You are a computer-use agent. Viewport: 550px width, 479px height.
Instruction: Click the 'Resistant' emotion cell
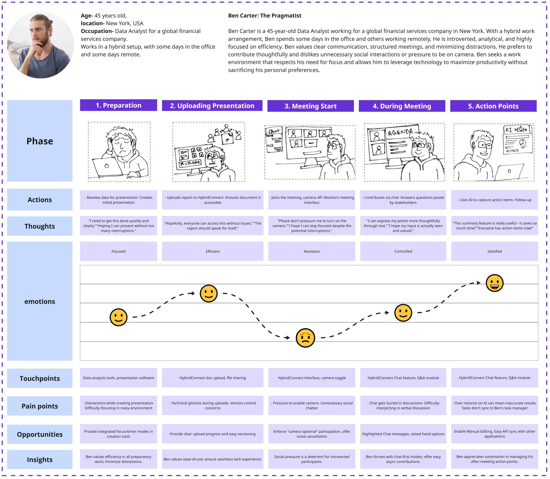[x=312, y=251]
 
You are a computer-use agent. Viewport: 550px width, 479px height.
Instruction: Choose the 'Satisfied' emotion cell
[x=494, y=251]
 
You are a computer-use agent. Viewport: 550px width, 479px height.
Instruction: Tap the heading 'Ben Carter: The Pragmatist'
[x=265, y=15]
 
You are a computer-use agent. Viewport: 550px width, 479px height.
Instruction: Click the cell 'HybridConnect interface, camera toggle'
[x=312, y=378]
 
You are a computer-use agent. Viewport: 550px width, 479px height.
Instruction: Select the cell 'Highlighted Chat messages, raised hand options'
[x=403, y=434]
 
